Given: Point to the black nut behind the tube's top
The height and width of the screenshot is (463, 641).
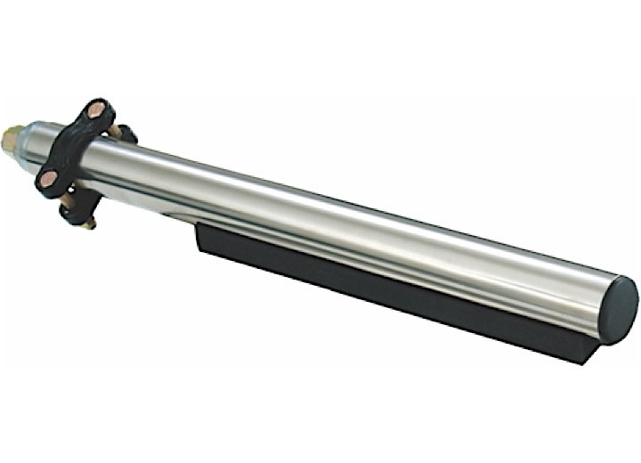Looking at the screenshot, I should point(127,134).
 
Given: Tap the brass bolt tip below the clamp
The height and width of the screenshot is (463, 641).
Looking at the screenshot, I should point(89,223).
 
